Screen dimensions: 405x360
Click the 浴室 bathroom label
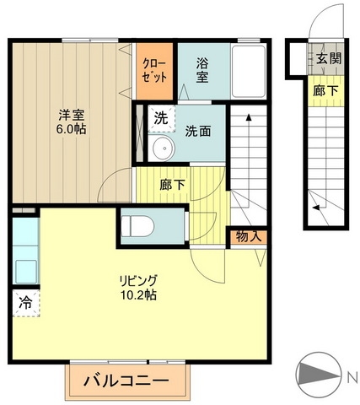click(203, 69)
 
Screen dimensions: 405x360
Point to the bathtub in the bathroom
click(249, 71)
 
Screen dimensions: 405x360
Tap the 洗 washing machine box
click(160, 117)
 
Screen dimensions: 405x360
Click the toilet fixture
click(137, 225)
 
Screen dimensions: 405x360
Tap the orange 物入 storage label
click(249, 236)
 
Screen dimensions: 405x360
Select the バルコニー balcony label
click(125, 381)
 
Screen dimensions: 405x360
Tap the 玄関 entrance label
click(329, 58)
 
